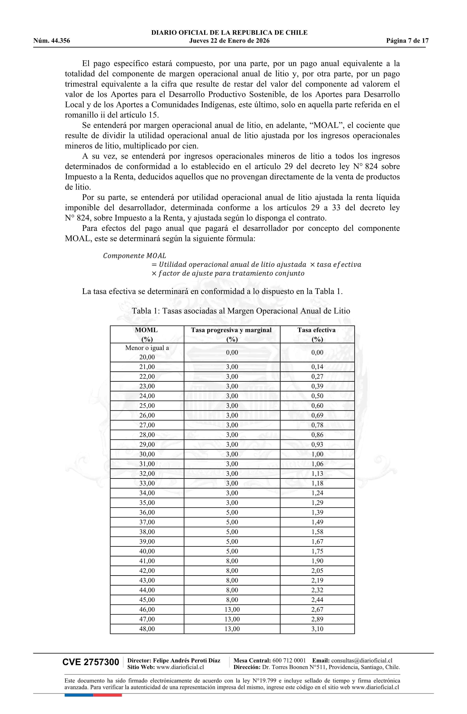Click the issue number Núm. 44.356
(52, 41)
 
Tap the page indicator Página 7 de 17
(407, 41)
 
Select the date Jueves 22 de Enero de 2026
(229, 41)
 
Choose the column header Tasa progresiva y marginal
(231, 330)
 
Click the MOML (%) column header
(147, 334)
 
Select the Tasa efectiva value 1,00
(317, 454)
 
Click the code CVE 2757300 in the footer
(91, 662)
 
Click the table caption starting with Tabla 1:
(241, 311)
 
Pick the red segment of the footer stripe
(108, 695)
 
